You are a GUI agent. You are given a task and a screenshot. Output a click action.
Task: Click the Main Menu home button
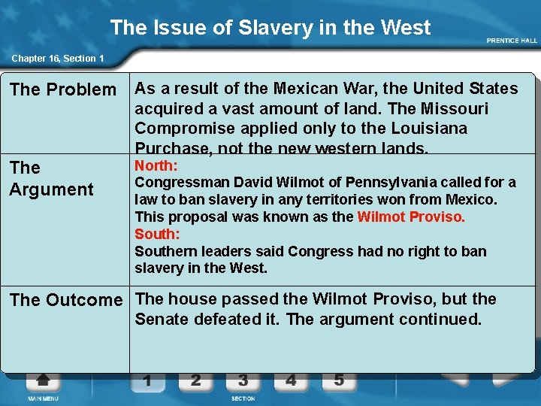click(42, 383)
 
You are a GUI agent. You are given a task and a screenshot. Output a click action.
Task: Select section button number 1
click(147, 381)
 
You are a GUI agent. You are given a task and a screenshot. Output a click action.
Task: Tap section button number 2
click(195, 380)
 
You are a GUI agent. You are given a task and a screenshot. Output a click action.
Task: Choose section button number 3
click(243, 380)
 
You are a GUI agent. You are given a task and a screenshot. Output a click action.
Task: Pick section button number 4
click(291, 380)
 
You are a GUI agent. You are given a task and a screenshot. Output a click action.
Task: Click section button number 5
click(339, 380)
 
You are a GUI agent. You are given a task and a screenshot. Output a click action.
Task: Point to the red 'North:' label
click(156, 166)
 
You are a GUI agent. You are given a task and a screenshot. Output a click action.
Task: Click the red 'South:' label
click(156, 234)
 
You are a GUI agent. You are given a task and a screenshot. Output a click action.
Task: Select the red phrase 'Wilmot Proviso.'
click(411, 217)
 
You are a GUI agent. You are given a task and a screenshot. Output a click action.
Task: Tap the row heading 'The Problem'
click(63, 90)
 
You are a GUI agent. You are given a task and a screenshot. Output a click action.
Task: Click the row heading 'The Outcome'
click(66, 300)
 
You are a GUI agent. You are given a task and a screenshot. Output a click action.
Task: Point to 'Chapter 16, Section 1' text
click(57, 59)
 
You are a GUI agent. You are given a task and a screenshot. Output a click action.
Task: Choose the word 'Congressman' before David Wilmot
click(181, 183)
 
